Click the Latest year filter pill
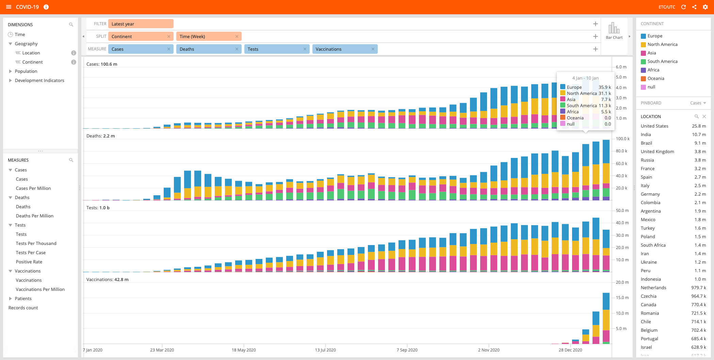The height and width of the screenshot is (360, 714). [141, 24]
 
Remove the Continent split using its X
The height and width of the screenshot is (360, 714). [169, 36]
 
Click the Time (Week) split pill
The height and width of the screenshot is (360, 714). [209, 36]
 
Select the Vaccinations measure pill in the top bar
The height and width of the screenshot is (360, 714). [345, 49]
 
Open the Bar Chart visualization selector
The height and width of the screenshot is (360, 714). [614, 31]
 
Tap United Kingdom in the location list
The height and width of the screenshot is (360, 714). [657, 151]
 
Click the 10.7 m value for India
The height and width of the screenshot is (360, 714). [699, 134]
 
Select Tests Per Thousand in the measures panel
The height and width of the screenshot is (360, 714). [36, 243]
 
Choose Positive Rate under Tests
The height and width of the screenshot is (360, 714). [29, 262]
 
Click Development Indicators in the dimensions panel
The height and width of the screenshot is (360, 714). [39, 80]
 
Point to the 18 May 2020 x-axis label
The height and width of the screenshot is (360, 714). [244, 350]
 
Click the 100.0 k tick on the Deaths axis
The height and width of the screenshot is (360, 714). [622, 139]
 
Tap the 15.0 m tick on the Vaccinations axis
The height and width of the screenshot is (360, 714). [622, 298]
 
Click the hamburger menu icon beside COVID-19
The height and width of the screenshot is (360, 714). [9, 7]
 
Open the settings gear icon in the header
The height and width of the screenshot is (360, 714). [705, 7]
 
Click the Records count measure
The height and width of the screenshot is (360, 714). [23, 308]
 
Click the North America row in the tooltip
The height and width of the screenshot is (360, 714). [586, 93]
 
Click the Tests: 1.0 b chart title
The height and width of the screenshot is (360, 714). [98, 208]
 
